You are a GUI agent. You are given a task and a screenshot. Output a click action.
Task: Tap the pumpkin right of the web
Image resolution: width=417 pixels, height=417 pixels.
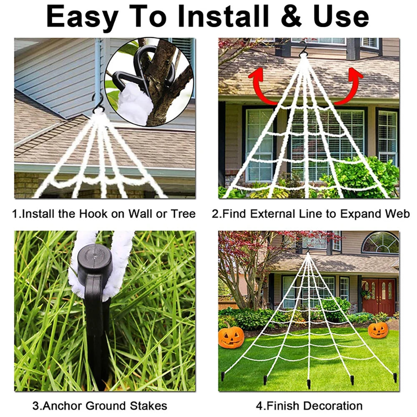point(378,329)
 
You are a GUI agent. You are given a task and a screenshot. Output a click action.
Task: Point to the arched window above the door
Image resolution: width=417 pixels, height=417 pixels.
point(380,243)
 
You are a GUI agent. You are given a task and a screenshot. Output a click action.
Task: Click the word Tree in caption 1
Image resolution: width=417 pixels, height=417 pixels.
point(183,214)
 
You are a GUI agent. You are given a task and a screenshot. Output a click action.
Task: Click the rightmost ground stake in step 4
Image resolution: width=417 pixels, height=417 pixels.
point(394,378)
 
